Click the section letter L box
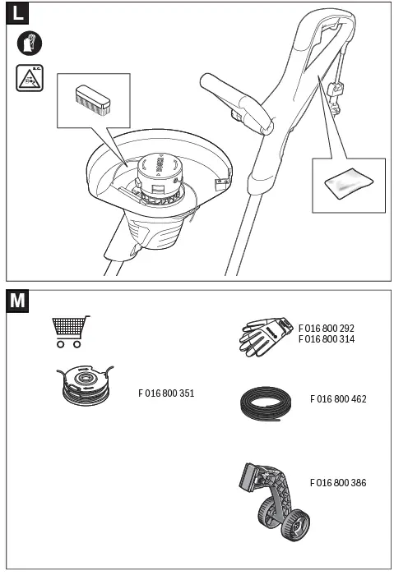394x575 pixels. click(x=18, y=15)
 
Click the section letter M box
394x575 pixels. click(x=18, y=301)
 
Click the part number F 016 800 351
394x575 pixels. click(x=166, y=393)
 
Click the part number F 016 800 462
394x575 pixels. click(x=338, y=399)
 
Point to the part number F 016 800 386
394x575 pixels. click(x=338, y=483)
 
